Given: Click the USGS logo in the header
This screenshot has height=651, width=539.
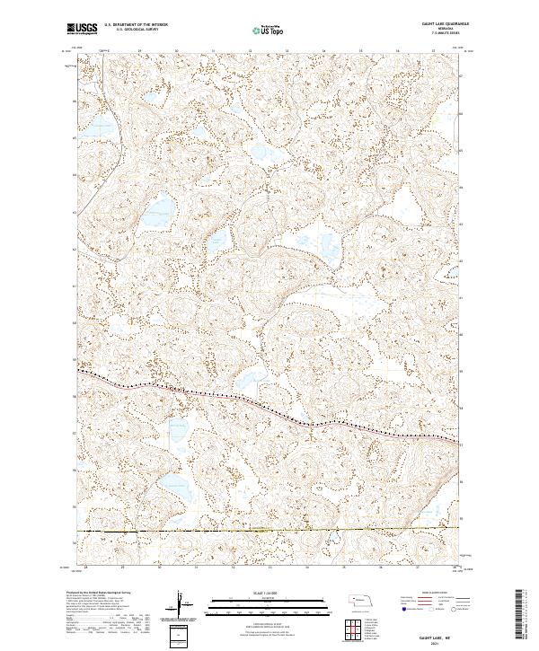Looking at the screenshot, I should coord(83,29).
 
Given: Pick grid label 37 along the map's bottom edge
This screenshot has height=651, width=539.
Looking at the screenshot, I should coord(419,567).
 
